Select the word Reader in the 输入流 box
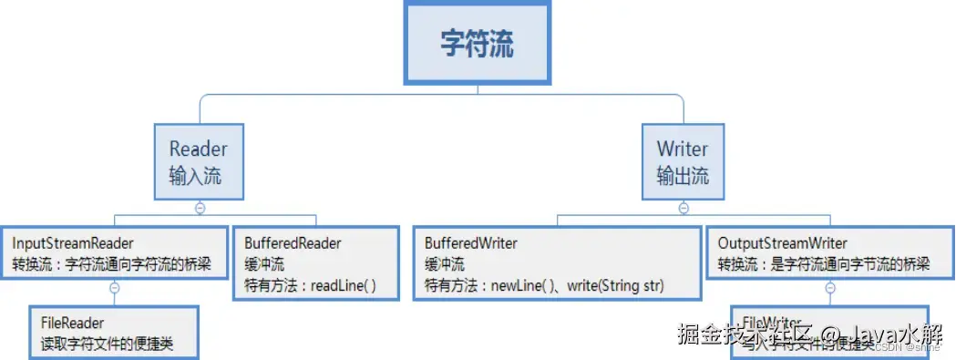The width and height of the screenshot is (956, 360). tap(198, 149)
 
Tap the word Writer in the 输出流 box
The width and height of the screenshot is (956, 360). tap(682, 149)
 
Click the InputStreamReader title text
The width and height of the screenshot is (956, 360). tap(74, 243)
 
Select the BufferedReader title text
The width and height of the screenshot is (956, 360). tap(293, 243)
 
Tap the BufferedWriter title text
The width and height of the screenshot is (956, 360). tap(471, 243)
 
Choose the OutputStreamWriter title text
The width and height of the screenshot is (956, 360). tap(783, 243)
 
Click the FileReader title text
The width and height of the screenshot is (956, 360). tap(72, 323)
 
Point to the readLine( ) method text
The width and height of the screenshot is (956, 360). tap(343, 285)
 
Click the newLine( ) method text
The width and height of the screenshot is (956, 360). tap(522, 285)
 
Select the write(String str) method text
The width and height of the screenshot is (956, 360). tap(615, 285)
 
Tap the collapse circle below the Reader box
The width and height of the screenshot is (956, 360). tap(200, 209)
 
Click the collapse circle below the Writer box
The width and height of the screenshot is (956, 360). tap(684, 209)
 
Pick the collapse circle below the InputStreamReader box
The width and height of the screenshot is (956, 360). tap(115, 288)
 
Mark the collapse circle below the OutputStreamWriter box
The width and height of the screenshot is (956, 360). tap(830, 288)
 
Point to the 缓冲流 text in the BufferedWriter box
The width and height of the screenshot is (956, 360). tap(445, 265)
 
